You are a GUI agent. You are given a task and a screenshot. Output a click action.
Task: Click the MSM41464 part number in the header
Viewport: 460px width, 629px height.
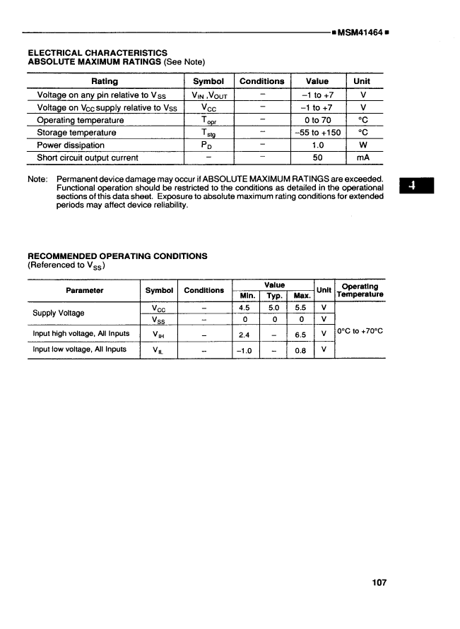pos(361,32)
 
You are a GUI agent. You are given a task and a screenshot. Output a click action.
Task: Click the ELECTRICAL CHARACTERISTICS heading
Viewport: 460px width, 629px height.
pos(98,52)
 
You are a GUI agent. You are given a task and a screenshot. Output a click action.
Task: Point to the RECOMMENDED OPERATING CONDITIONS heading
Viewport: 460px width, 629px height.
pos(117,256)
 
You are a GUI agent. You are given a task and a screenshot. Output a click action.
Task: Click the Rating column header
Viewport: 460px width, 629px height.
pos(105,81)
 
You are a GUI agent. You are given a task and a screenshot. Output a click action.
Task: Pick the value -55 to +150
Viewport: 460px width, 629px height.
pos(317,132)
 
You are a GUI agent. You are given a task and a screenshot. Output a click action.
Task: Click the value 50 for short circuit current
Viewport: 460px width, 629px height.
pos(317,157)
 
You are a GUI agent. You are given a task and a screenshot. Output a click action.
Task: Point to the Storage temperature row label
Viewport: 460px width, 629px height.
pos(76,132)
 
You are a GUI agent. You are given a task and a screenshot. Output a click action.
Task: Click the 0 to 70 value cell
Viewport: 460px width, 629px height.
pos(317,119)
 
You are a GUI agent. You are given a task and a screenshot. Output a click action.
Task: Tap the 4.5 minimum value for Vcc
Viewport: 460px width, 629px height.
pos(245,308)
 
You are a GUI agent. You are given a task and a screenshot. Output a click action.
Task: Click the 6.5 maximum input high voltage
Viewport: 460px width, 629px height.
pos(301,334)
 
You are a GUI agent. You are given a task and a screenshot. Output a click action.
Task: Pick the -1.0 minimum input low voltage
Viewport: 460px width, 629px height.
pos(245,349)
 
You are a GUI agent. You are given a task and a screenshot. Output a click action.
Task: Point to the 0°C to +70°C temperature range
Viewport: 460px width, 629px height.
pos(360,329)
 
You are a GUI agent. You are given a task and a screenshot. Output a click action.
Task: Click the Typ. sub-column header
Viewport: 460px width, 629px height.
pos(273,295)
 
